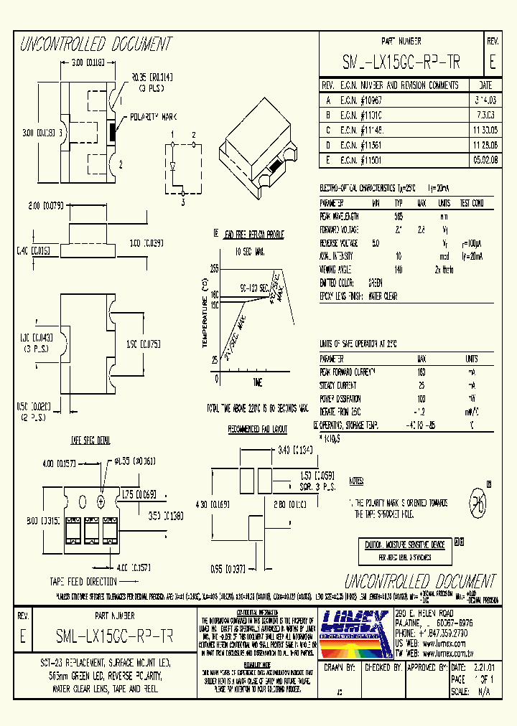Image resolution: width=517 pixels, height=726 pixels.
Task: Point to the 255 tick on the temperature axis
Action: (213, 268)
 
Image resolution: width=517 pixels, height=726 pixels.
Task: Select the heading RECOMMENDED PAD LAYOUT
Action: (257, 429)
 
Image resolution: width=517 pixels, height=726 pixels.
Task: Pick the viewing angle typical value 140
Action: (398, 269)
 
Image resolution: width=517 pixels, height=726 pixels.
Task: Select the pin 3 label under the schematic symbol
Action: (182, 203)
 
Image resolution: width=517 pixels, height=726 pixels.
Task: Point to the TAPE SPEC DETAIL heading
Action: (89, 438)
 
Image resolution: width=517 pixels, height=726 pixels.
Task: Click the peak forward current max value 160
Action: (421, 372)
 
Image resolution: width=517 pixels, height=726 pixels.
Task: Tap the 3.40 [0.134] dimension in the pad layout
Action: (296, 450)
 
